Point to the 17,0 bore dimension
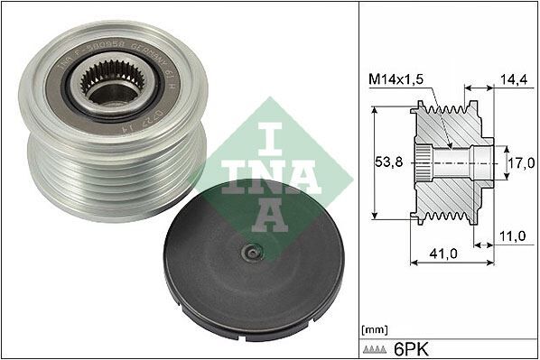[517, 164]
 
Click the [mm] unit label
[373, 328]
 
